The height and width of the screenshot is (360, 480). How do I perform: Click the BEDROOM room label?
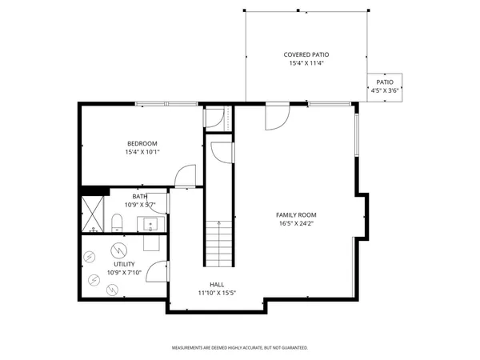pos(141,143)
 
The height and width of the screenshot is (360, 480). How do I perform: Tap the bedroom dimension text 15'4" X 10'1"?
pos(141,152)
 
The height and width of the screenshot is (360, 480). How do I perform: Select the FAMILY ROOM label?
pos(296,214)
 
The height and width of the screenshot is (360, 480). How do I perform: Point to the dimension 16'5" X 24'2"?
pos(296,224)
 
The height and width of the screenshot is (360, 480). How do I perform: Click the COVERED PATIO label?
pos(306,54)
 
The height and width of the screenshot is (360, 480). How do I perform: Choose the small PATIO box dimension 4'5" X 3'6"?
pos(385,90)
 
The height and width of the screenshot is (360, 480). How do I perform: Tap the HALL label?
pos(217,284)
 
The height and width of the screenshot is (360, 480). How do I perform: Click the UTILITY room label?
pos(124,264)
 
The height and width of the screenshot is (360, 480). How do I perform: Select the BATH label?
pos(140,197)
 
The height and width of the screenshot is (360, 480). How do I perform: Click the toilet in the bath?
pos(117,221)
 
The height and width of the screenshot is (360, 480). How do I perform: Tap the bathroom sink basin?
pos(149,222)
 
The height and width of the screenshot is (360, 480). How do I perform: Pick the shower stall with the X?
pos(94,213)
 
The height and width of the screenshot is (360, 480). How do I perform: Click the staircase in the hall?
pos(218,243)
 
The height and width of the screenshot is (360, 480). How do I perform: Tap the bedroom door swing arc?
pos(186,174)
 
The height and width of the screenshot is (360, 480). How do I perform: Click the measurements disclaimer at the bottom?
pos(240,348)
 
